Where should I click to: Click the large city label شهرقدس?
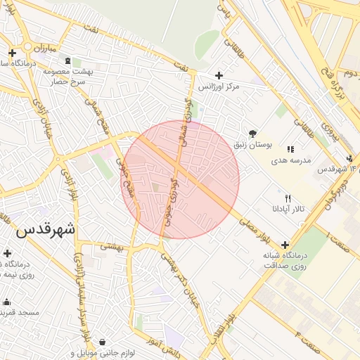point(44,229)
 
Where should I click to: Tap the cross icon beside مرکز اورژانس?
point(219,75)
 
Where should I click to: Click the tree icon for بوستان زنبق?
point(253,134)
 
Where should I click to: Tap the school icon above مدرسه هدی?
point(290,149)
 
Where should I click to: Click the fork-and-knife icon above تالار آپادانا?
point(288,199)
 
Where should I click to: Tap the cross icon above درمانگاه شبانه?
point(284,244)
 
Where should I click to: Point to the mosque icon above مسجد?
point(7,302)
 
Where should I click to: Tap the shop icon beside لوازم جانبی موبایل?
point(103,342)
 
